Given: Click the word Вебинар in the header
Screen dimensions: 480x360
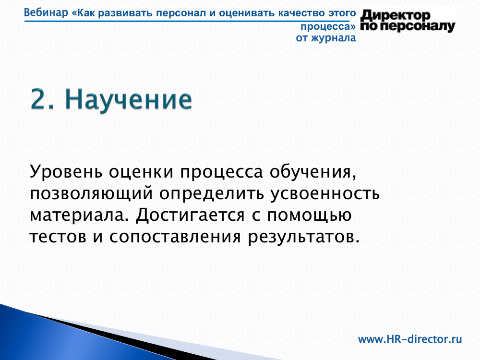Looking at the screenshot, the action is point(46,13).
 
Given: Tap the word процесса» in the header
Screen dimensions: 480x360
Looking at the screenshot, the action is point(328,27).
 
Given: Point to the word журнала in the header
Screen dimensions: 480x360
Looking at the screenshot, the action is point(334,38).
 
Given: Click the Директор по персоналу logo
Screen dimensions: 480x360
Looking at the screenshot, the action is point(408,21).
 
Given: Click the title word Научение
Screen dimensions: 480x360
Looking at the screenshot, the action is point(129,99).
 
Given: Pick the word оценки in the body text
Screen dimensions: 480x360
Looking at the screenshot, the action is point(141,172).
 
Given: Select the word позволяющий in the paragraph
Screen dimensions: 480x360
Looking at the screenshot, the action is point(91,194).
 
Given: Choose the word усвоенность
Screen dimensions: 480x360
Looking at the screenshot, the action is point(325,194).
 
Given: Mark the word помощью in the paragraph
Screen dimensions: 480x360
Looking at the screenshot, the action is point(309,216).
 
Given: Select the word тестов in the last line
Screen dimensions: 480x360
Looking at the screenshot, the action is point(58,237).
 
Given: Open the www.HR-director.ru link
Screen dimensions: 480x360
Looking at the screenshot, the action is point(410,339).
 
